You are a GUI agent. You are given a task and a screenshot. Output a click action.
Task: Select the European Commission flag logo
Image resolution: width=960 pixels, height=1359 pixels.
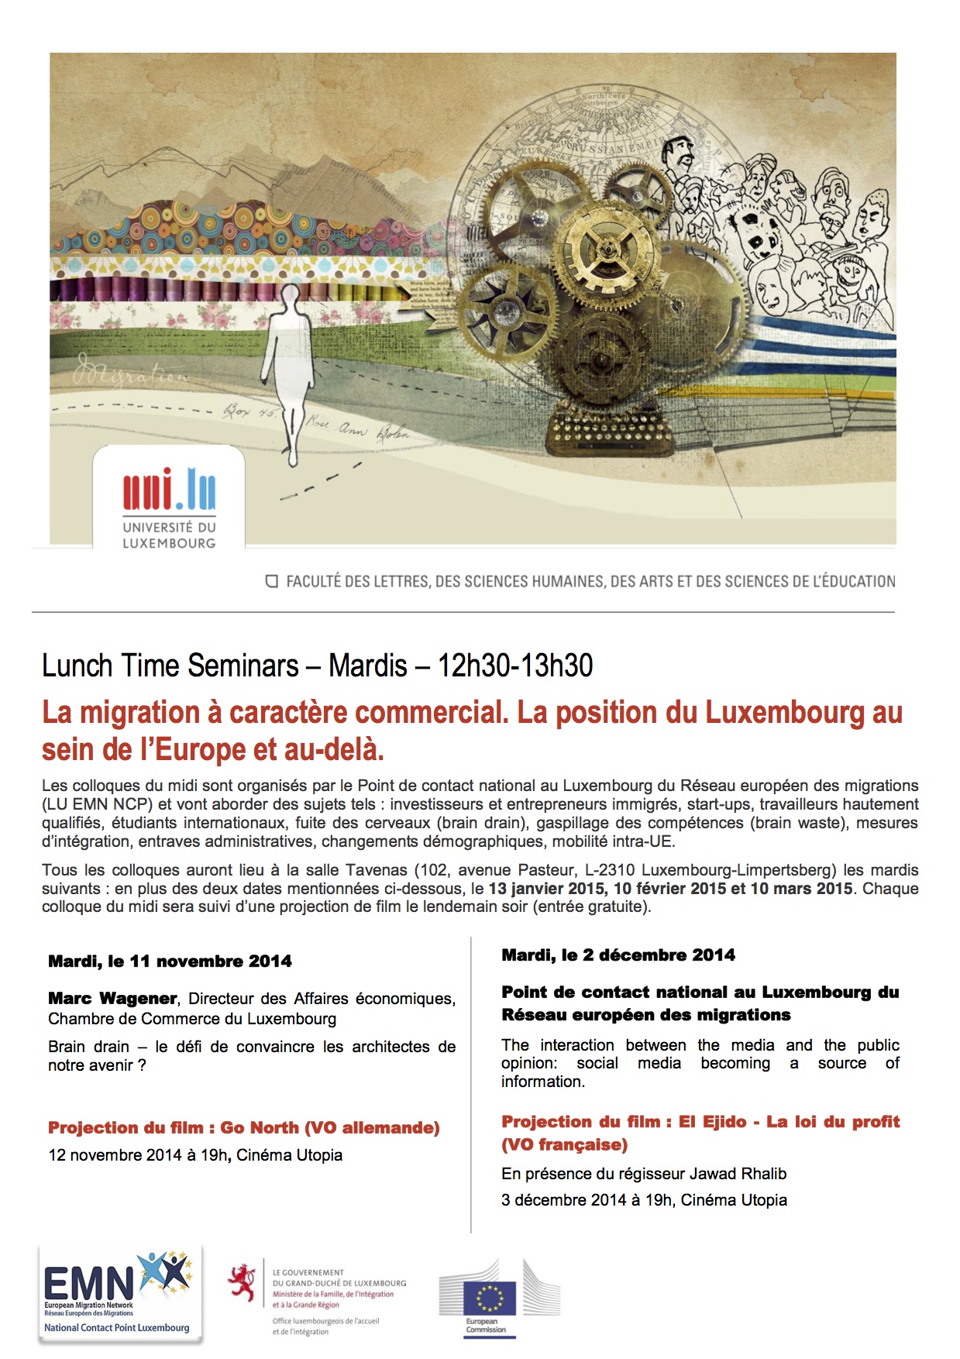pyautogui.click(x=490, y=1298)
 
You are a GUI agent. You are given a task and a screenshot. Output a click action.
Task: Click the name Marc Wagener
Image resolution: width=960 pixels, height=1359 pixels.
pyautogui.click(x=112, y=999)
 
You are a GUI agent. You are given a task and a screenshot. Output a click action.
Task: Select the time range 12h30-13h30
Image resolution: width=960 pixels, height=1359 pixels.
pyautogui.click(x=515, y=666)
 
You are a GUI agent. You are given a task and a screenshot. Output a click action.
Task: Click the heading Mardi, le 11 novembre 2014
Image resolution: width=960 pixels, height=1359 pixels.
pyautogui.click(x=170, y=962)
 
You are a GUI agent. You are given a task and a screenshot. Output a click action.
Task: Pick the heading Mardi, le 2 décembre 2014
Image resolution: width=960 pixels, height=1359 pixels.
pyautogui.click(x=618, y=955)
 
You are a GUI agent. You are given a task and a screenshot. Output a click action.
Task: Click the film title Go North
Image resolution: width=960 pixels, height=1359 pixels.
pyautogui.click(x=260, y=1128)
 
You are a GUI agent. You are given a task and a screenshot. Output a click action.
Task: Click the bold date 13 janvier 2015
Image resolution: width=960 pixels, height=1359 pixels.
pyautogui.click(x=548, y=889)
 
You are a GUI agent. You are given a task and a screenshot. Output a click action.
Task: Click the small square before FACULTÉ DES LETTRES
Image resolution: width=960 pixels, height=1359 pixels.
pyautogui.click(x=272, y=581)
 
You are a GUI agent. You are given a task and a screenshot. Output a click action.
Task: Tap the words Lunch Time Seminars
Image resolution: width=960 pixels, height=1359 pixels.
pyautogui.click(x=170, y=666)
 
